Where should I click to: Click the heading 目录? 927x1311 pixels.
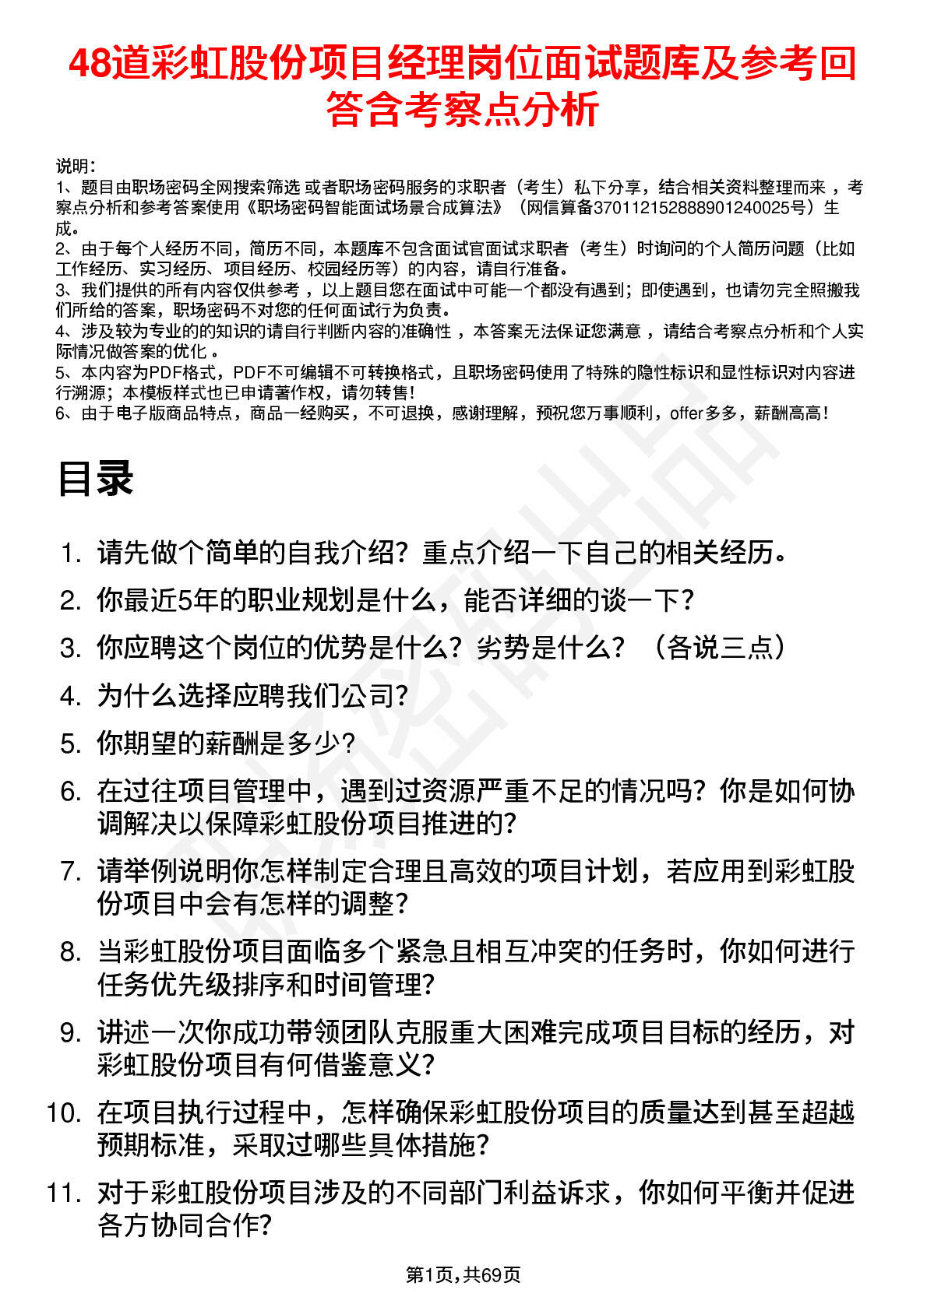pyautogui.click(x=95, y=478)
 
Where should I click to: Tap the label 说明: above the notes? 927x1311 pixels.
pyautogui.click(x=76, y=166)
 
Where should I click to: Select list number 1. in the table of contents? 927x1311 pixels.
pyautogui.click(x=71, y=554)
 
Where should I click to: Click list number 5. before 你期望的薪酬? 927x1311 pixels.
pyautogui.click(x=71, y=743)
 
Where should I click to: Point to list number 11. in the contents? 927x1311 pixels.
pyautogui.click(x=64, y=1193)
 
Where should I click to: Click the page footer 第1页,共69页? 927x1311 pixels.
pyautogui.click(x=463, y=1274)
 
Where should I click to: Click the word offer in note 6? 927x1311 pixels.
pyautogui.click(x=686, y=413)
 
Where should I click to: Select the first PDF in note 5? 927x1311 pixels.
pyautogui.click(x=165, y=373)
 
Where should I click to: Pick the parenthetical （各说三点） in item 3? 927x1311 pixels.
pyautogui.click(x=717, y=648)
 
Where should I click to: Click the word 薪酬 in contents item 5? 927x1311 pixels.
pyautogui.click(x=231, y=743)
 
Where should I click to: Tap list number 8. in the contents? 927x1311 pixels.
pyautogui.click(x=71, y=951)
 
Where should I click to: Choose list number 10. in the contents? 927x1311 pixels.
pyautogui.click(x=64, y=1112)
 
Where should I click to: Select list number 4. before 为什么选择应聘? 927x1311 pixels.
pyautogui.click(x=71, y=696)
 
